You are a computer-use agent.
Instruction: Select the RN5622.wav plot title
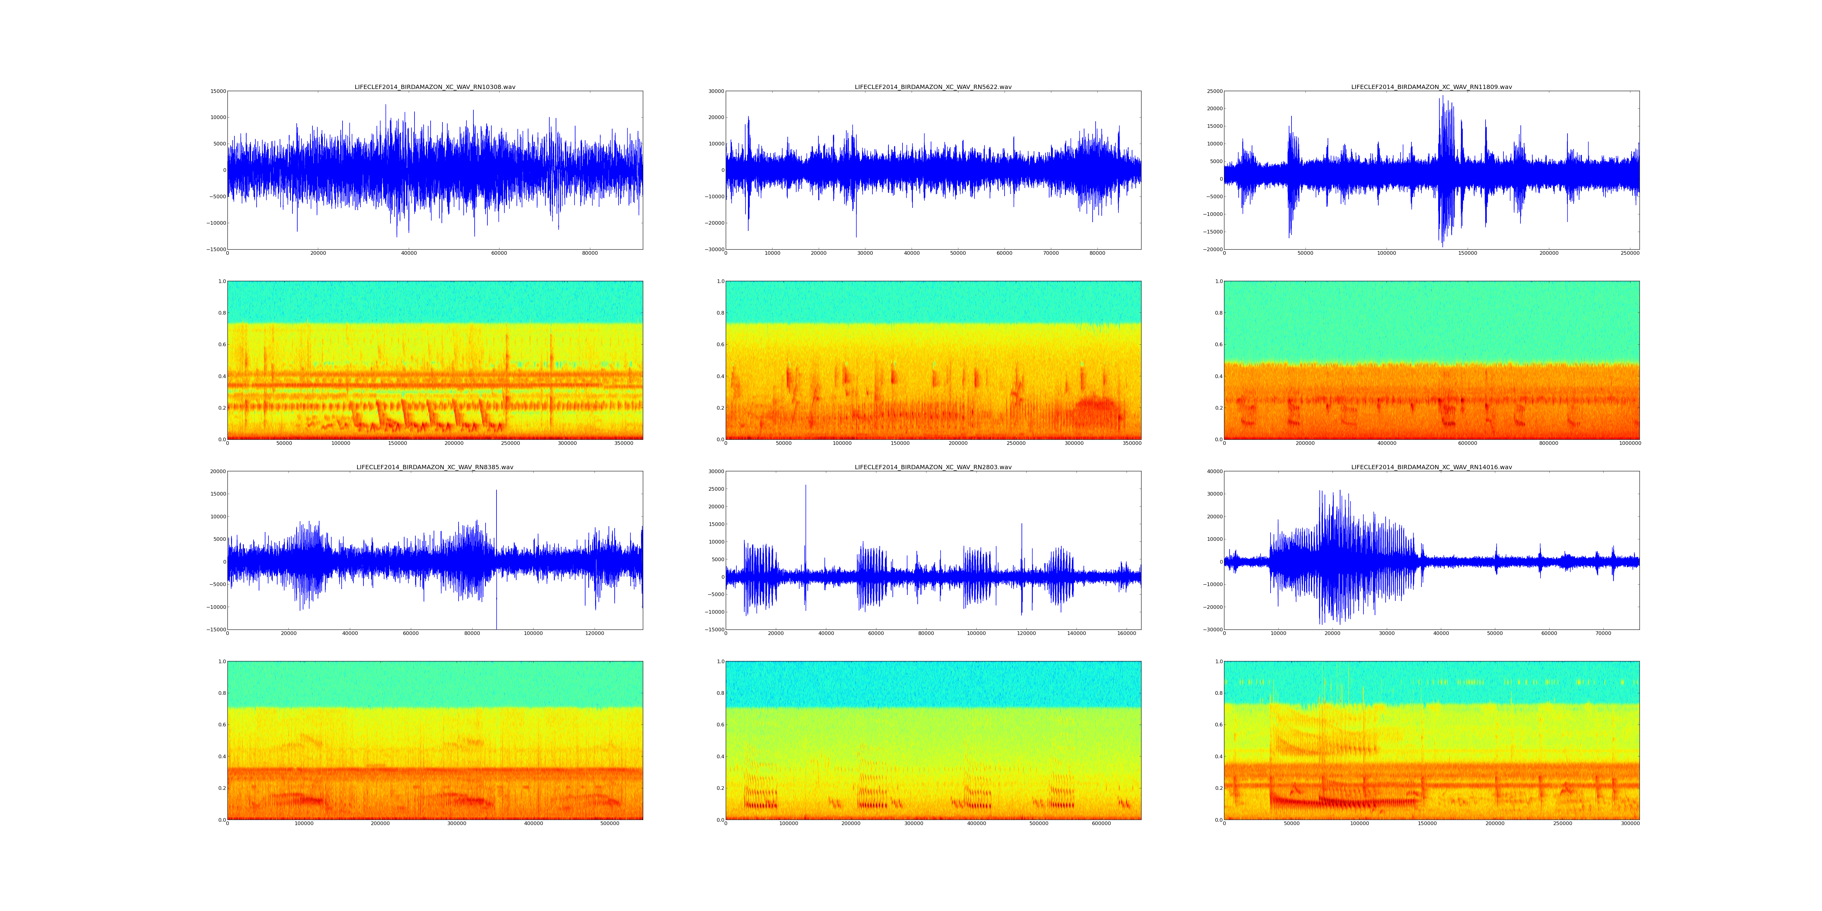coord(933,87)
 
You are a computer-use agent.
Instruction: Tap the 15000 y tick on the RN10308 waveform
coord(217,91)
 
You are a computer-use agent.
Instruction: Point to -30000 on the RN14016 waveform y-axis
coord(1212,630)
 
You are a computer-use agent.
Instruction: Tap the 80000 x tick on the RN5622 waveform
coord(1097,253)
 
